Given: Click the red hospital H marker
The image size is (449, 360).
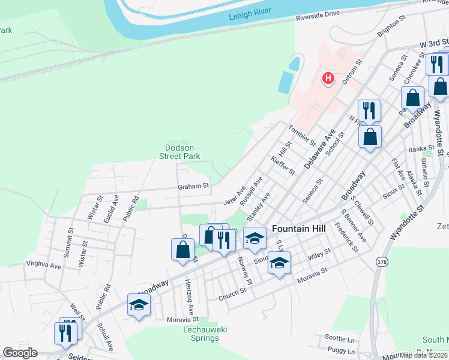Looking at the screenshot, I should click(x=328, y=78).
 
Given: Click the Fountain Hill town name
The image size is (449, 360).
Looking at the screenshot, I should click(x=298, y=229).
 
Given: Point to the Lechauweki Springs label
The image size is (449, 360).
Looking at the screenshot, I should click(x=200, y=334).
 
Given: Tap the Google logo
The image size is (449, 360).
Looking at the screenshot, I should click(x=20, y=353).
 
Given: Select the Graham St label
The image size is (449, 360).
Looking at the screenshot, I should click(x=193, y=186).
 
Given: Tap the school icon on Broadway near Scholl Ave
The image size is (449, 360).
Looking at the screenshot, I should click(x=139, y=305).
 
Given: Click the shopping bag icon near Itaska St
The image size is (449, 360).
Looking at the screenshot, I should click(x=370, y=136).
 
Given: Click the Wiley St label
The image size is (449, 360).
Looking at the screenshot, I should click(x=319, y=255).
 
